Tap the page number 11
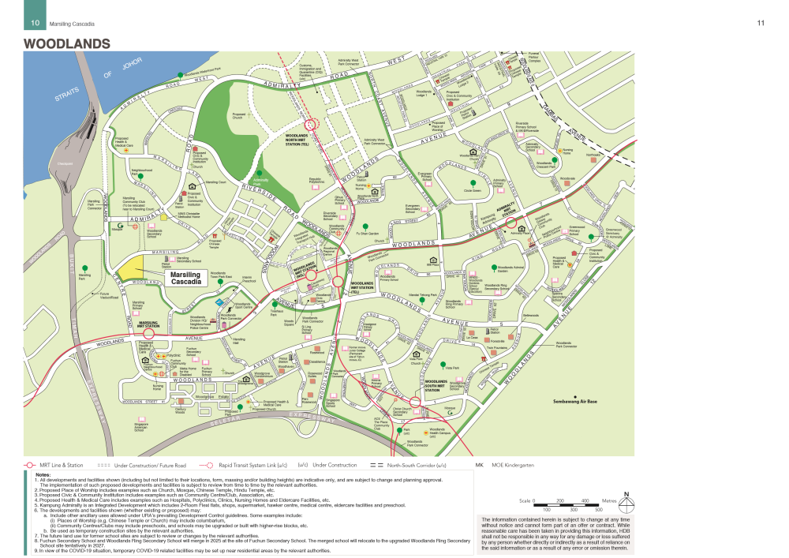click(x=761, y=23)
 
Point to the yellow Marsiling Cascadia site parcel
click(x=130, y=268)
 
